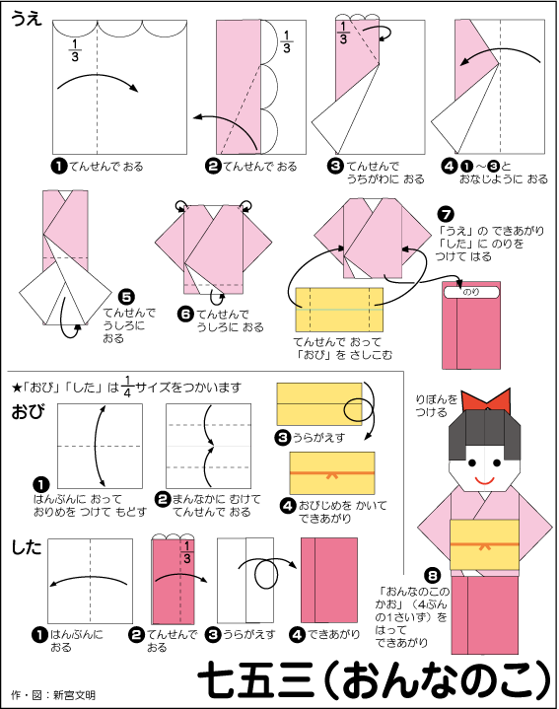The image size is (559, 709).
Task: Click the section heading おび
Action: (x=27, y=412)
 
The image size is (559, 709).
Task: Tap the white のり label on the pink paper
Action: (x=471, y=292)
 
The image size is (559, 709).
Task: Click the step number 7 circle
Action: (x=446, y=213)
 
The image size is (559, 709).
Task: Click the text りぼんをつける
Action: (x=438, y=405)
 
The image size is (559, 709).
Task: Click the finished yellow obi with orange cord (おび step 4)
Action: (x=331, y=472)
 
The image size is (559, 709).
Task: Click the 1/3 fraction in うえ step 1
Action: (x=76, y=48)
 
